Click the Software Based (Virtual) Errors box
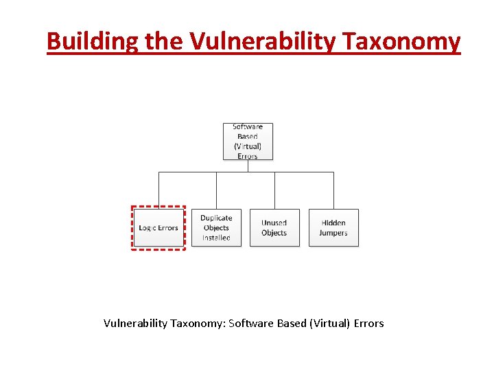(248, 141)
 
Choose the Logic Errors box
(158, 228)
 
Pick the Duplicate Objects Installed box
(216, 228)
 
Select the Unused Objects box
(274, 228)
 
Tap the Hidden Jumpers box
(333, 228)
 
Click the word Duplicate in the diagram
(216, 218)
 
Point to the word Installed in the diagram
(216, 238)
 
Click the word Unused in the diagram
(274, 223)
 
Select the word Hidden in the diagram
(333, 223)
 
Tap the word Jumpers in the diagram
(333, 233)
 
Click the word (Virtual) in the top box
(248, 146)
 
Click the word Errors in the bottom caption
(368, 323)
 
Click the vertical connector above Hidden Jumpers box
(333, 190)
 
